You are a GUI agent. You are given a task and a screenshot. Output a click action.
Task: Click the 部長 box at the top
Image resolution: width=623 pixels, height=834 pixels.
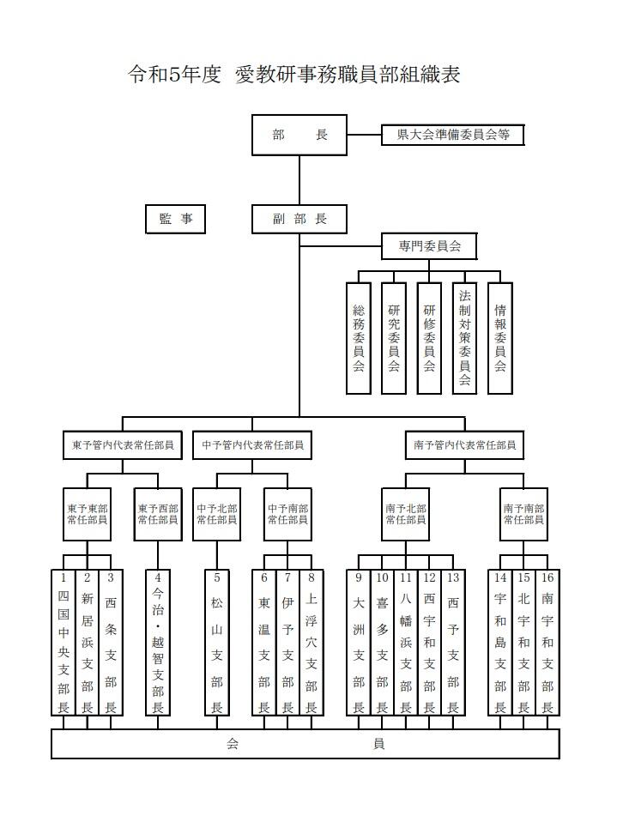(299, 136)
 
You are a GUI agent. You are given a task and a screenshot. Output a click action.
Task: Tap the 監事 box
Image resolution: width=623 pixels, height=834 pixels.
(176, 220)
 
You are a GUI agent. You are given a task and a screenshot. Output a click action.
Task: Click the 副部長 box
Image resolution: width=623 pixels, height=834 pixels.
(299, 220)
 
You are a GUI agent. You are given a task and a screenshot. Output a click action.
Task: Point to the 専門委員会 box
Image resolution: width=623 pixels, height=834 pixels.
(430, 246)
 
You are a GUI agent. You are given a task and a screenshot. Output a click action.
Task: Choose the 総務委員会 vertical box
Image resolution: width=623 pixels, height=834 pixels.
(359, 338)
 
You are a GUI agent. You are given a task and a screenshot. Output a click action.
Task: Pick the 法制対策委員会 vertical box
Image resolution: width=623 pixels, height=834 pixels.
(464, 338)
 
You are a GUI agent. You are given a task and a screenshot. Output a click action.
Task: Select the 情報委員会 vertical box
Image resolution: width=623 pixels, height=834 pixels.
(499, 338)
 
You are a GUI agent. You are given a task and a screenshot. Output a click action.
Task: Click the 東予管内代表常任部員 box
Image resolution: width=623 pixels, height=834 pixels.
(122, 445)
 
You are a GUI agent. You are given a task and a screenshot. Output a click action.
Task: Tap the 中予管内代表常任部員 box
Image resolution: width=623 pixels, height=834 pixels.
(251, 445)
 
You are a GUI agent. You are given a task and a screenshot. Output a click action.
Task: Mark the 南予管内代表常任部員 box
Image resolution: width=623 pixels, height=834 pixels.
(464, 445)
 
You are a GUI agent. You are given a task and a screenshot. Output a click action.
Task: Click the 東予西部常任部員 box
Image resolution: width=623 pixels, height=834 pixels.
(158, 515)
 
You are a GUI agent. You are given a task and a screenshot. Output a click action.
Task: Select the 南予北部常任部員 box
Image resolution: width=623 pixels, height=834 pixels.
(405, 515)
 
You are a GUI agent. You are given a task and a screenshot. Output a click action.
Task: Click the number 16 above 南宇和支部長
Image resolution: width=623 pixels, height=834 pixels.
(547, 577)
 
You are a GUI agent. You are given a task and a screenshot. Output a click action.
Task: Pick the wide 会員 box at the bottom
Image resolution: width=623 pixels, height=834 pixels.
(305, 744)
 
